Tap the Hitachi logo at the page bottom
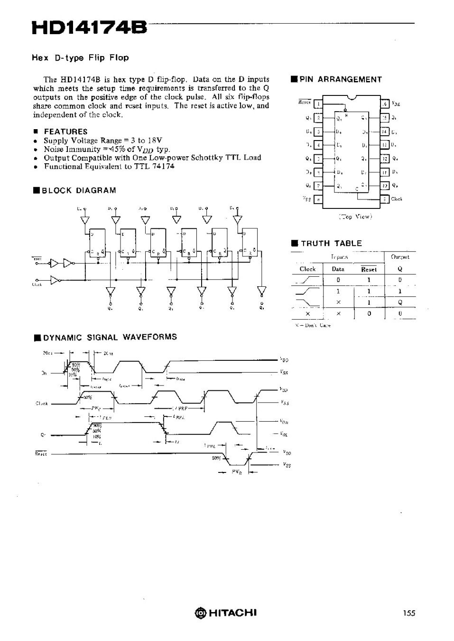pos(225,612)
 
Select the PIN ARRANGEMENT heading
pos(340,79)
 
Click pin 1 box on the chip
pos(319,104)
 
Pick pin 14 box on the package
pos(385,132)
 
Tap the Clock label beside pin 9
pos(397,199)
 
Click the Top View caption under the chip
pos(355,217)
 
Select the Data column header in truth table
pos(338,269)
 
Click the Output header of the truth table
pos(400,257)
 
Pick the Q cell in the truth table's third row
pos(400,302)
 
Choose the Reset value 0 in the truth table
pos(369,313)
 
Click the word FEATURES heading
pos(65,132)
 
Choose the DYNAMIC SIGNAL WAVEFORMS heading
pos(110,337)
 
